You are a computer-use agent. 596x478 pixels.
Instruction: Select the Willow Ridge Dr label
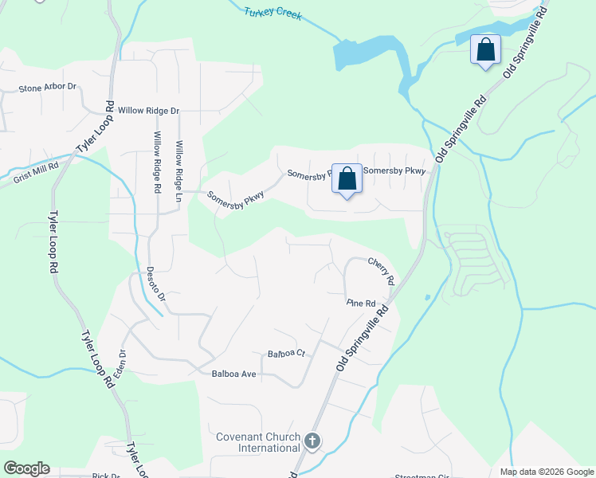[149, 111]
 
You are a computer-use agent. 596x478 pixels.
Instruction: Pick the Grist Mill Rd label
[36, 174]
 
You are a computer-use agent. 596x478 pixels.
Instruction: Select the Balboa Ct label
[287, 353]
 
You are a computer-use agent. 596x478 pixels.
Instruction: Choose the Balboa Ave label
[233, 374]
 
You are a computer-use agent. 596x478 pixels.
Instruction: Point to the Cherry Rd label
[381, 271]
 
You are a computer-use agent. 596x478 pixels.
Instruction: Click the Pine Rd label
[360, 304]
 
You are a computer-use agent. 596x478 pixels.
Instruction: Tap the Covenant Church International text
[258, 442]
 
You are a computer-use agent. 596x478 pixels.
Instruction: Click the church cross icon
[312, 441]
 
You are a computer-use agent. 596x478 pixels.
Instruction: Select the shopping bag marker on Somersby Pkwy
[347, 178]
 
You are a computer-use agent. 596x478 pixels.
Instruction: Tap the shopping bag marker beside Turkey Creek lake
[484, 50]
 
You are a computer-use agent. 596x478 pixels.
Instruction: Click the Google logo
[26, 468]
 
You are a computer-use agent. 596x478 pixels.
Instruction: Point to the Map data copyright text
[546, 472]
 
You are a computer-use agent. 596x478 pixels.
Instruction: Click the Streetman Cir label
[422, 476]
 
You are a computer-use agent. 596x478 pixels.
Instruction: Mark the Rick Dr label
[105, 476]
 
